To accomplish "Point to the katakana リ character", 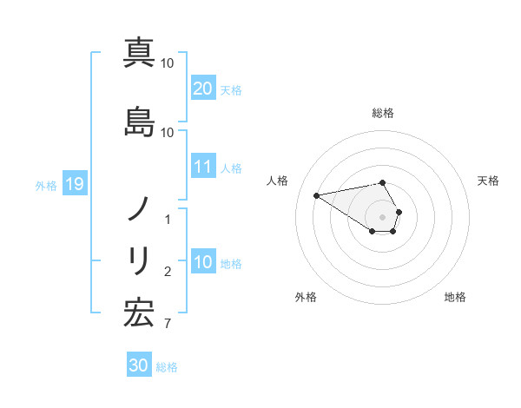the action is coord(139,260).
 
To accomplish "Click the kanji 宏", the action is coord(139,313).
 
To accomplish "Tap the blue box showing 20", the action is coord(203,89).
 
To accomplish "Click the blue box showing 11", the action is coord(203,167).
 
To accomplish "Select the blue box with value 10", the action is coord(203,262).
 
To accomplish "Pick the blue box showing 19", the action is coord(74,184).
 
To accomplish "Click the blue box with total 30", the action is coord(139,365).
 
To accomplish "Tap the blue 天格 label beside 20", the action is coord(231,90).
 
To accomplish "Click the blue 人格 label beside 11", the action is coord(231,168).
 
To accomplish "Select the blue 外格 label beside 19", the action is coord(46,186).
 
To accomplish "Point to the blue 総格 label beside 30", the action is coord(167,367).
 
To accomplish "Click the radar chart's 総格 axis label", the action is coord(383,113).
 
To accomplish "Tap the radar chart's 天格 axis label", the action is coord(489,181).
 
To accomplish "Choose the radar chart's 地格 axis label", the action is coord(455,297).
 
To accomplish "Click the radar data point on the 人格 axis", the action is coord(317,194).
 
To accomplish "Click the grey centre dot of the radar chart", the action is coord(383,216).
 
